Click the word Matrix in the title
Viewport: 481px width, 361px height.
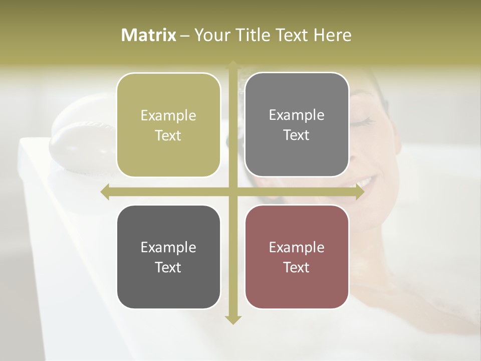coord(149,35)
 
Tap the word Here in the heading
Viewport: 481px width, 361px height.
coord(332,35)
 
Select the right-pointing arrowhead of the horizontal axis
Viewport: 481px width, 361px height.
coord(359,192)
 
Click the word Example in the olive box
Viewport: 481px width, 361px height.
coord(168,115)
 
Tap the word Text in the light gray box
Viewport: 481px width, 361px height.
coord(297,135)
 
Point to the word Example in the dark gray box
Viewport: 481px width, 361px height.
coord(168,247)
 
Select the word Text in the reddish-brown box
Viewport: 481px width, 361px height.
coord(297,267)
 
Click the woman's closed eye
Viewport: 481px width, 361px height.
coord(365,121)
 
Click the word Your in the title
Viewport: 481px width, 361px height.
coord(210,35)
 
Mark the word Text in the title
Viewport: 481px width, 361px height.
coord(291,35)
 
